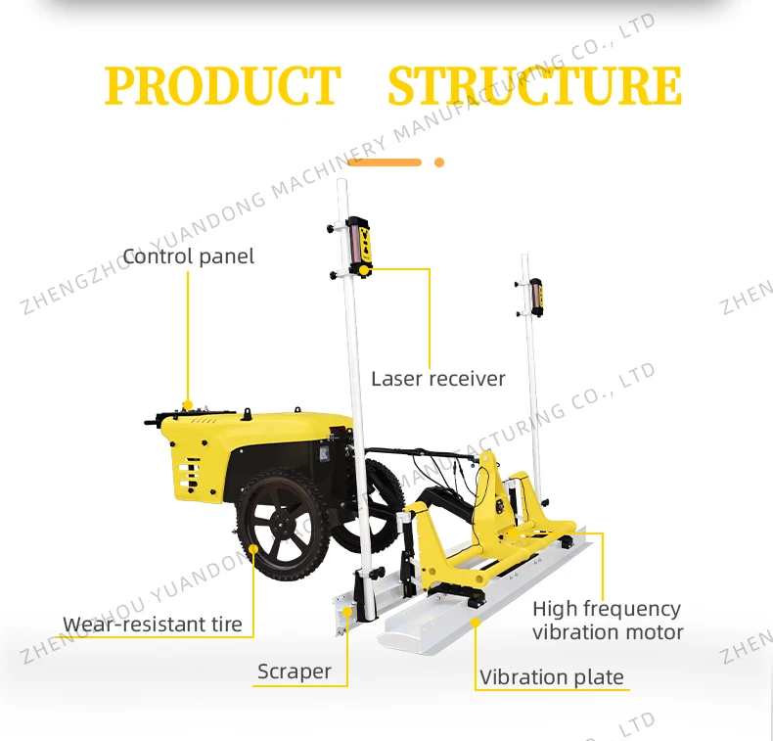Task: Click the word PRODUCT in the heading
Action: [222, 86]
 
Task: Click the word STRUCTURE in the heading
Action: [534, 86]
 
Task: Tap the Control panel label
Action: [188, 256]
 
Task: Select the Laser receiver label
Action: [437, 378]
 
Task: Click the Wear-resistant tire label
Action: [152, 625]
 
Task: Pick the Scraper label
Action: [294, 672]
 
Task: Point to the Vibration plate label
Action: [551, 677]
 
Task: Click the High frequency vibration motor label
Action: [607, 621]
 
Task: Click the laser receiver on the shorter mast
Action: [535, 297]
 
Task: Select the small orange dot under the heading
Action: [439, 162]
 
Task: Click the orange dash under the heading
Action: [384, 162]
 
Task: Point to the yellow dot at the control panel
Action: [188, 404]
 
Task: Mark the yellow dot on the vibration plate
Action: [476, 621]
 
